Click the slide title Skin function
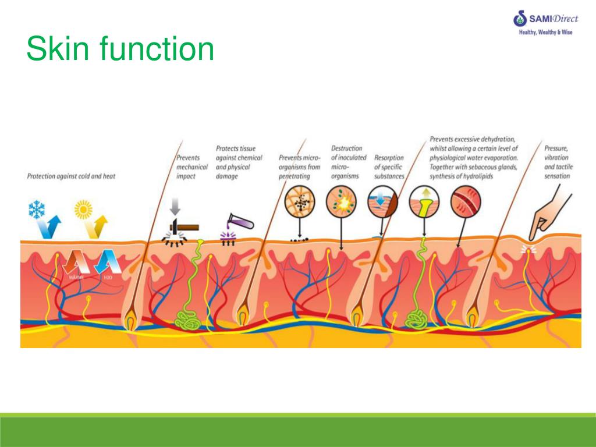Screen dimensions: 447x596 point(120,49)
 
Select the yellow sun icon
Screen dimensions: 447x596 point(84,209)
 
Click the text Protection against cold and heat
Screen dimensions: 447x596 point(71,176)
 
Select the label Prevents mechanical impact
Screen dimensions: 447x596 point(191,166)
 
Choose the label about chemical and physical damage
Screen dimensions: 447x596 point(239,162)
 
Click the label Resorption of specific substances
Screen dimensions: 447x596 point(389,166)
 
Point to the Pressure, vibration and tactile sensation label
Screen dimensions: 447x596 point(558,162)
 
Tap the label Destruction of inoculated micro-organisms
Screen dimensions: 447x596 point(349,162)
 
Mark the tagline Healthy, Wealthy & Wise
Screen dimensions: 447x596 point(545,33)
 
